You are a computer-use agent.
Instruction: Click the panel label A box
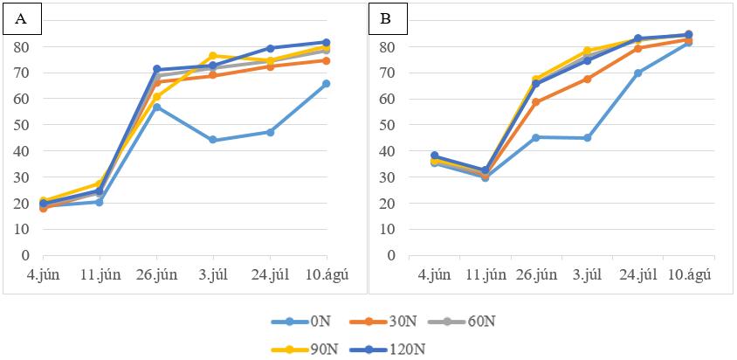click(22, 20)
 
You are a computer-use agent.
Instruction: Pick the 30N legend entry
click(383, 322)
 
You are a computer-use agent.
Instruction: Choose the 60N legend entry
click(462, 322)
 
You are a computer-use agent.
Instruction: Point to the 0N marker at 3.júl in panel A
click(213, 140)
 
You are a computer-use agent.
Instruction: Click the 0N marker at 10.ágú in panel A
click(327, 84)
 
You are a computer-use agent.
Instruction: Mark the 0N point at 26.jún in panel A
click(156, 107)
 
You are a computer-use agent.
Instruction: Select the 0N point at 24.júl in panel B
click(637, 73)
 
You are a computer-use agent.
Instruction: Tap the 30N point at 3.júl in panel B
click(587, 79)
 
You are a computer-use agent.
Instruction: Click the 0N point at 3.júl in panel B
click(587, 138)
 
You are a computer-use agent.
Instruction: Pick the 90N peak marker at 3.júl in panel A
click(213, 56)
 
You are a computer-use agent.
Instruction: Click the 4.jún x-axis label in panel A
click(44, 275)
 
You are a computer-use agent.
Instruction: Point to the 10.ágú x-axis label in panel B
click(689, 275)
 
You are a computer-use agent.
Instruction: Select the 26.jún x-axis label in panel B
click(536, 275)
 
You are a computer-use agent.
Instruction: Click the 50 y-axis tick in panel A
click(24, 125)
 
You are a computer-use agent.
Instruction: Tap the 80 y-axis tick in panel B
click(389, 47)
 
